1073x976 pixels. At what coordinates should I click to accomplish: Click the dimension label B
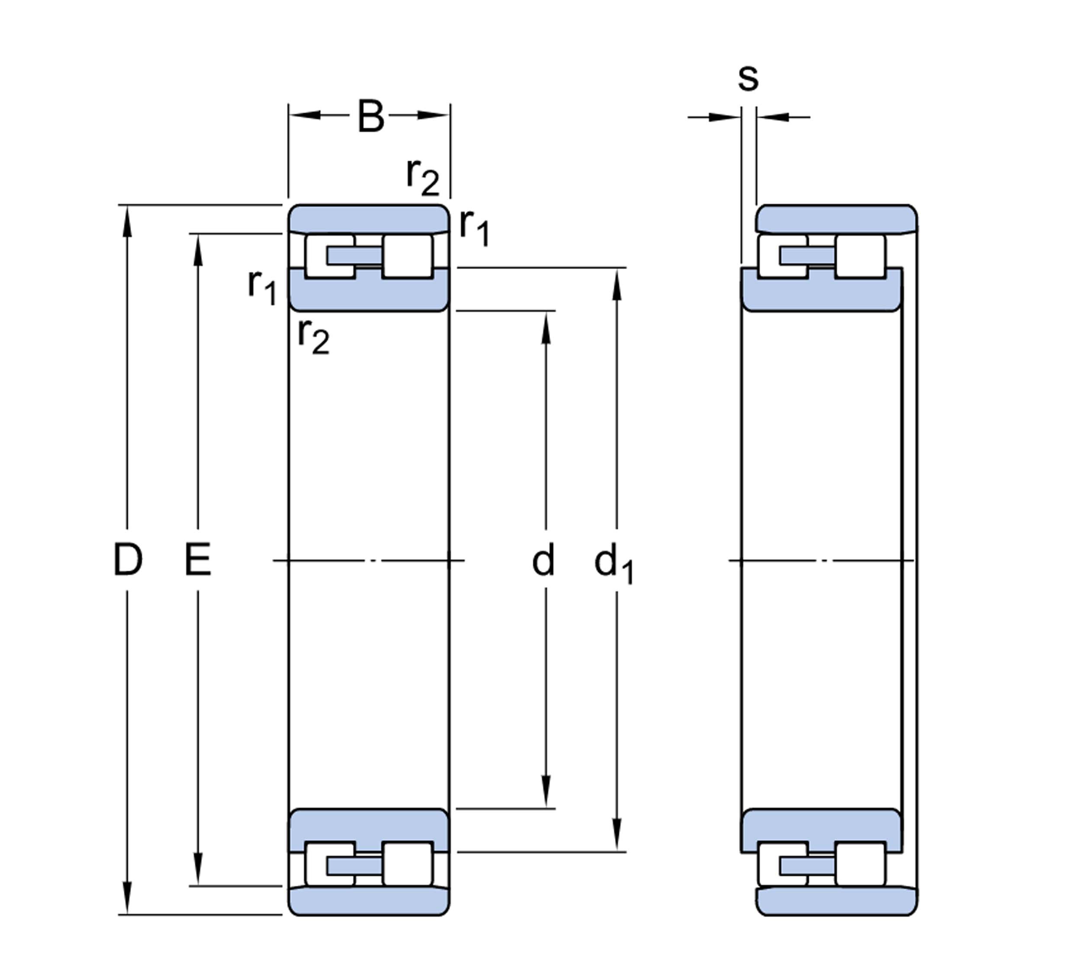click(370, 116)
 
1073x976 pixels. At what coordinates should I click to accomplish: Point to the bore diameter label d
click(543, 560)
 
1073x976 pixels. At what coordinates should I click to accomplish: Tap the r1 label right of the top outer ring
click(474, 227)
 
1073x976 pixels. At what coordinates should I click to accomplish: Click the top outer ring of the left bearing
click(369, 218)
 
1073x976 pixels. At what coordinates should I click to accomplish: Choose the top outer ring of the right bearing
click(836, 218)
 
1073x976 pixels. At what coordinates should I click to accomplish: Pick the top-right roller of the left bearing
click(407, 256)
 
